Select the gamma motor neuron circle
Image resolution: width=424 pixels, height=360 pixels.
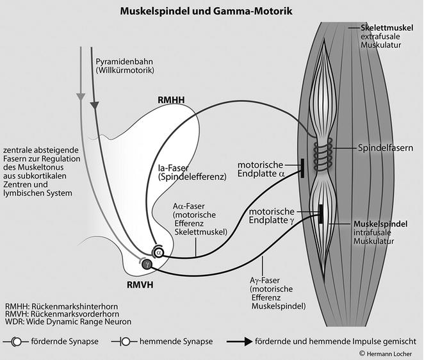point(147,263)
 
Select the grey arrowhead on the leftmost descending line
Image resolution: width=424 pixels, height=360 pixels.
point(79,97)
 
